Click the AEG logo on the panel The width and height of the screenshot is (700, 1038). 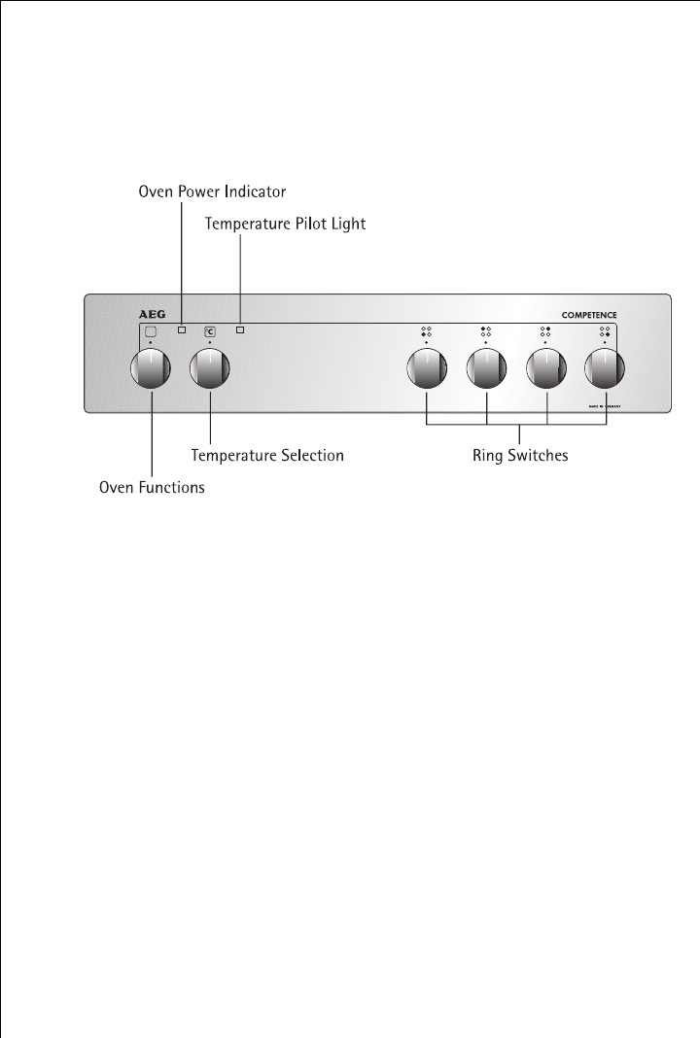tap(144, 315)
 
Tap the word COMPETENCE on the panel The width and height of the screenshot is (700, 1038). tap(589, 315)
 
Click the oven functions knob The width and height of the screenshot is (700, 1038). tap(151, 368)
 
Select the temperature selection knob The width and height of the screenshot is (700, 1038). tap(211, 368)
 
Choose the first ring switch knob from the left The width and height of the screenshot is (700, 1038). tap(426, 368)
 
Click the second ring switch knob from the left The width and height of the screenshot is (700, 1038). tap(486, 368)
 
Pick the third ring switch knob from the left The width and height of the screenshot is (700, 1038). tap(546, 368)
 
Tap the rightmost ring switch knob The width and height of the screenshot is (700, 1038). tap(605, 368)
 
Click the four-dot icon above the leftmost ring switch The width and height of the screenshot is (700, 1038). tap(426, 331)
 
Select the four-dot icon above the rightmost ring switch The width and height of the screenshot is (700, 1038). tap(605, 331)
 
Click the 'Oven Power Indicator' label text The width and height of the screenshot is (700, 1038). tap(211, 191)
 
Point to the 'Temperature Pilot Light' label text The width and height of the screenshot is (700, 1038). tap(285, 224)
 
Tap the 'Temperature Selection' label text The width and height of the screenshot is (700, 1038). tap(267, 454)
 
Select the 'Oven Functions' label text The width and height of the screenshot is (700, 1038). tap(153, 487)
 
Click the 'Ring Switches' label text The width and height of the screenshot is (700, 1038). tap(520, 454)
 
